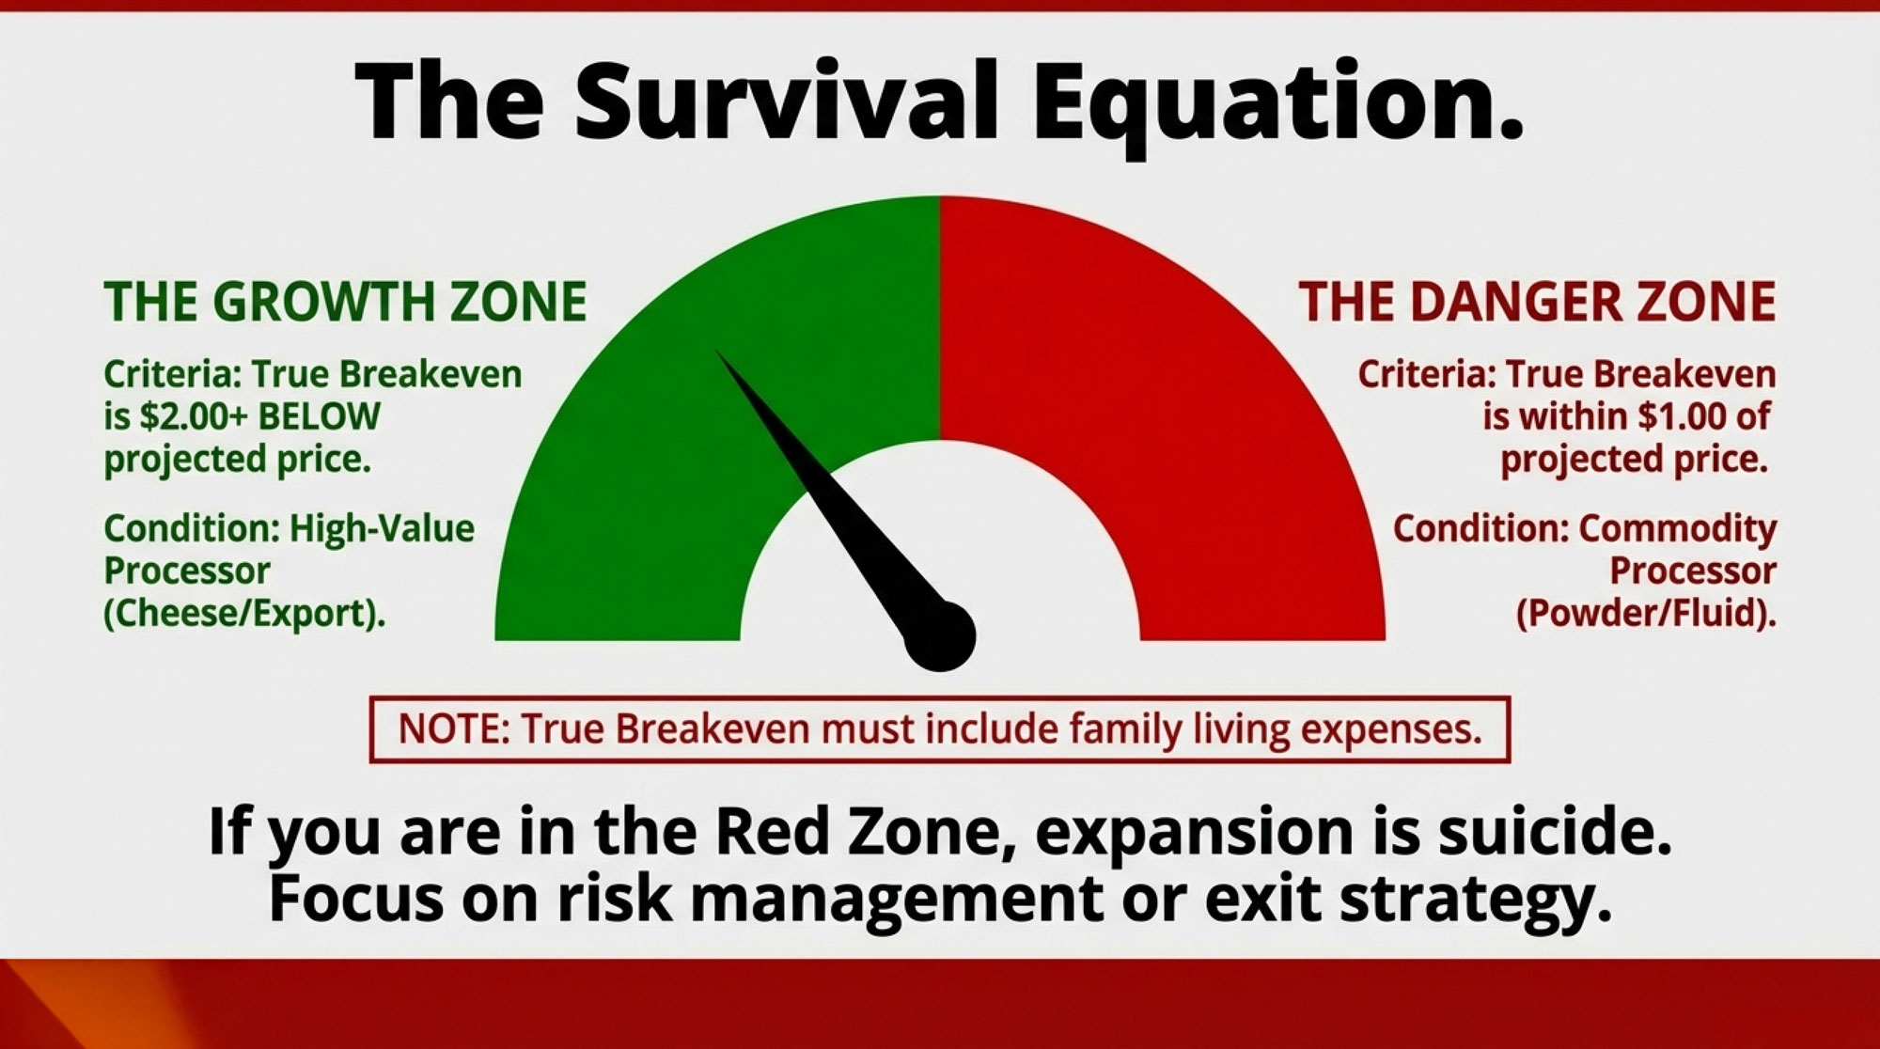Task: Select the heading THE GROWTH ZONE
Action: click(345, 302)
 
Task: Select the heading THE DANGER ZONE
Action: click(1538, 302)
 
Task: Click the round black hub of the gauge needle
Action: click(940, 636)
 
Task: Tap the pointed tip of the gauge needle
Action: click(716, 351)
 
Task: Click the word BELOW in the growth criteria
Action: click(319, 416)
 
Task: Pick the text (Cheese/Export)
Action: click(244, 614)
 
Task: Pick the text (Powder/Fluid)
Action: click(1646, 614)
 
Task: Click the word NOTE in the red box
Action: click(454, 729)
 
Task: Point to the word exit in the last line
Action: click(1261, 897)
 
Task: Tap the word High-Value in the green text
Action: click(382, 529)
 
